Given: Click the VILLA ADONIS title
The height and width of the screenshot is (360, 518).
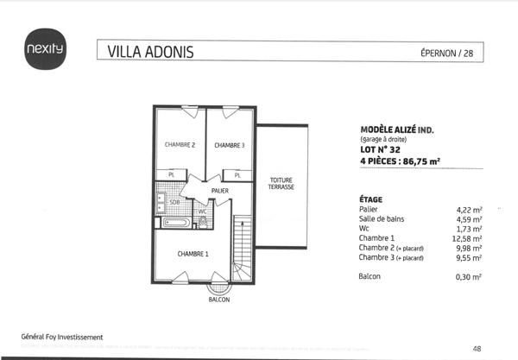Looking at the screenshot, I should [151, 52].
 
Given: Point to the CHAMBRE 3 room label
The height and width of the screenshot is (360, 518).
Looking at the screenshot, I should [230, 145].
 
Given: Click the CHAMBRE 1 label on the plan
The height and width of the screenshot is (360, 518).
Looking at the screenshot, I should [193, 254].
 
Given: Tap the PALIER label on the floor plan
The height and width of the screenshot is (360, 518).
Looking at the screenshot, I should [219, 190].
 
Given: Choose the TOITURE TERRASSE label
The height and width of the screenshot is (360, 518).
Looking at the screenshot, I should [281, 183].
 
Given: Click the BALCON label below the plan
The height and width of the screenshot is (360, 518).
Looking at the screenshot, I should [219, 300].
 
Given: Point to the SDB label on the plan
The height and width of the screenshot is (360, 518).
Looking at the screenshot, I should [174, 203].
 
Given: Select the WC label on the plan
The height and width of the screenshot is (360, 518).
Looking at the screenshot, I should [201, 211].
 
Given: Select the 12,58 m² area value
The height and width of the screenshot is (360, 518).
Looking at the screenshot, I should [469, 238].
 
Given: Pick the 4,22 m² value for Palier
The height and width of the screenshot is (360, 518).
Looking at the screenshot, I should [469, 210].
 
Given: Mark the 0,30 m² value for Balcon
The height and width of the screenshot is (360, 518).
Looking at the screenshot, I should [469, 276].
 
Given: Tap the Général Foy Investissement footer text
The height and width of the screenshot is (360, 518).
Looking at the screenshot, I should [62, 336].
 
